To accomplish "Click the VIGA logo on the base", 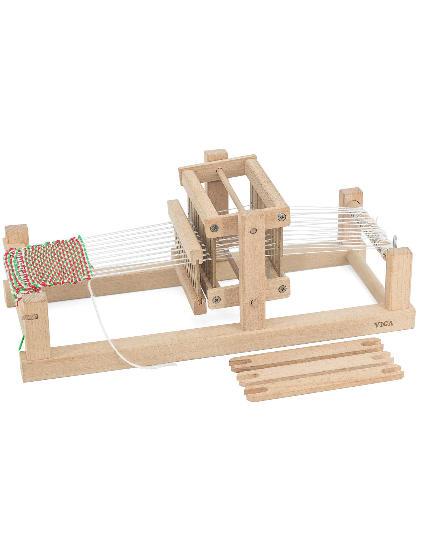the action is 384,324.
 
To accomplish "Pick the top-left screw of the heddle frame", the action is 214,228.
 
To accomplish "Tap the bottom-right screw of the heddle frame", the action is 283,289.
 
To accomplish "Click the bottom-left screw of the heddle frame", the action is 216,299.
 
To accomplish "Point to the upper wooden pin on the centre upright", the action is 253,231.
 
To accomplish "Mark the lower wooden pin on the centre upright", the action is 255,303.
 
